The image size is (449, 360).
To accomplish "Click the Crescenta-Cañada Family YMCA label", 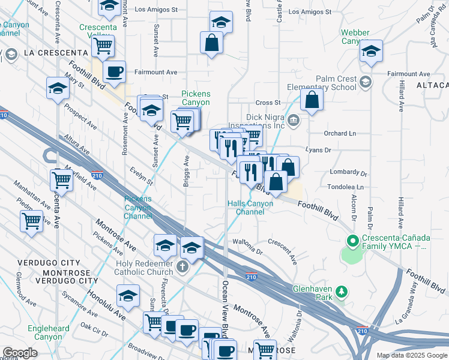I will (394, 242).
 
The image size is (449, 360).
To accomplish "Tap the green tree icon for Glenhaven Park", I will (342, 292).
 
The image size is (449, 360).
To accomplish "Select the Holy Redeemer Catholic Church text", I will (139, 266).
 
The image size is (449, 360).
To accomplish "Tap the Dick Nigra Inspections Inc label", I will (256, 122).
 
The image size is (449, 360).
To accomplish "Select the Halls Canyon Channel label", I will (250, 208).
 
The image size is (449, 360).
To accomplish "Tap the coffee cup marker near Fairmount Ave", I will (114, 72).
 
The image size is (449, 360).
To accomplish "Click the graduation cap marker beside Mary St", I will (58, 89).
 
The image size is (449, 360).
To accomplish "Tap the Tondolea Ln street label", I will (346, 187).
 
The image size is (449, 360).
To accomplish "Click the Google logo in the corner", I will (20, 353).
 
